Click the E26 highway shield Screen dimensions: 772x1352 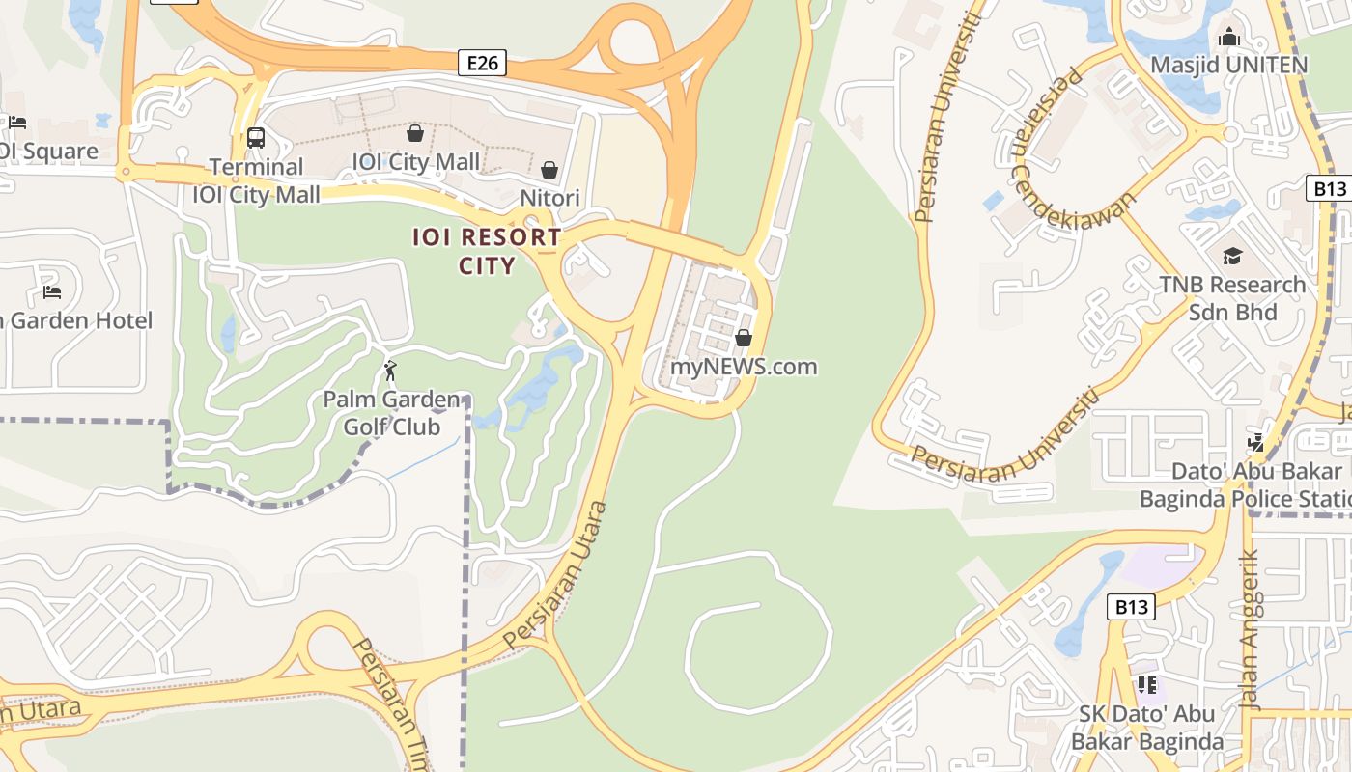(x=483, y=63)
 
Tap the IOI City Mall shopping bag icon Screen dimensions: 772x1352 (x=415, y=133)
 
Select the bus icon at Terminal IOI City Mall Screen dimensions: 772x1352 (x=256, y=137)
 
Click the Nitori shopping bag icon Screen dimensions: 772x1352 (x=549, y=171)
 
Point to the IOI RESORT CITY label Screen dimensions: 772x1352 (x=487, y=251)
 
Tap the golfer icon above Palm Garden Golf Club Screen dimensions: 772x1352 (x=390, y=371)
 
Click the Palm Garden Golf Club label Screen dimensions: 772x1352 (x=391, y=413)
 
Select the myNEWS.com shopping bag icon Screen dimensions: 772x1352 (x=744, y=338)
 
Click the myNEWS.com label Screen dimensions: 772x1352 (x=744, y=367)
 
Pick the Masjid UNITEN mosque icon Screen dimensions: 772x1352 (x=1229, y=37)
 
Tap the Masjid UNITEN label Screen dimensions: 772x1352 (x=1228, y=65)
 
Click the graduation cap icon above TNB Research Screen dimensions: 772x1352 (x=1232, y=256)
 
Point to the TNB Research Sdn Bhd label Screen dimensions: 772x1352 (x=1232, y=298)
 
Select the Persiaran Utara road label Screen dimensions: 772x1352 (x=557, y=575)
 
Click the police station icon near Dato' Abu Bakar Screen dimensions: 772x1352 (x=1255, y=443)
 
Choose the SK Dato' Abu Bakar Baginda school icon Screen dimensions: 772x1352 (x=1147, y=685)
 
